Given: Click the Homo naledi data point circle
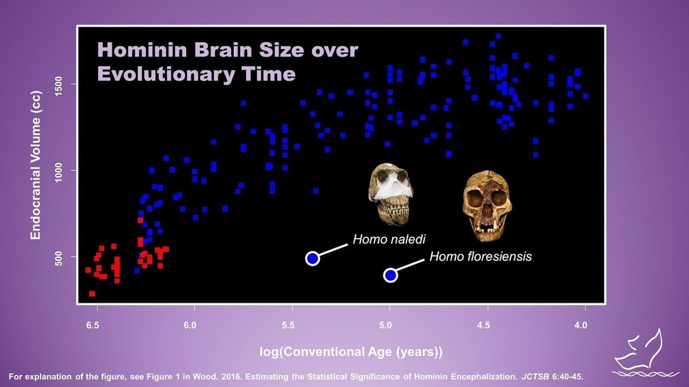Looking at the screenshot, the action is click(x=312, y=258).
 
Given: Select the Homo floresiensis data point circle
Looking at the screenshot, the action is click(x=390, y=275).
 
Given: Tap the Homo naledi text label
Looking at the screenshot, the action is click(x=389, y=239).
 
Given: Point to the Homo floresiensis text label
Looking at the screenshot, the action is click(x=480, y=256).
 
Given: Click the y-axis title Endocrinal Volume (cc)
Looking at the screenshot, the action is click(x=36, y=165).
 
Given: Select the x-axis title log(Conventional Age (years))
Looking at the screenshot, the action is click(x=351, y=352).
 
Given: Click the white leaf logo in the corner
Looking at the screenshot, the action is click(x=645, y=353).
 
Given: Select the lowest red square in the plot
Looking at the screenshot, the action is click(x=92, y=294).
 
